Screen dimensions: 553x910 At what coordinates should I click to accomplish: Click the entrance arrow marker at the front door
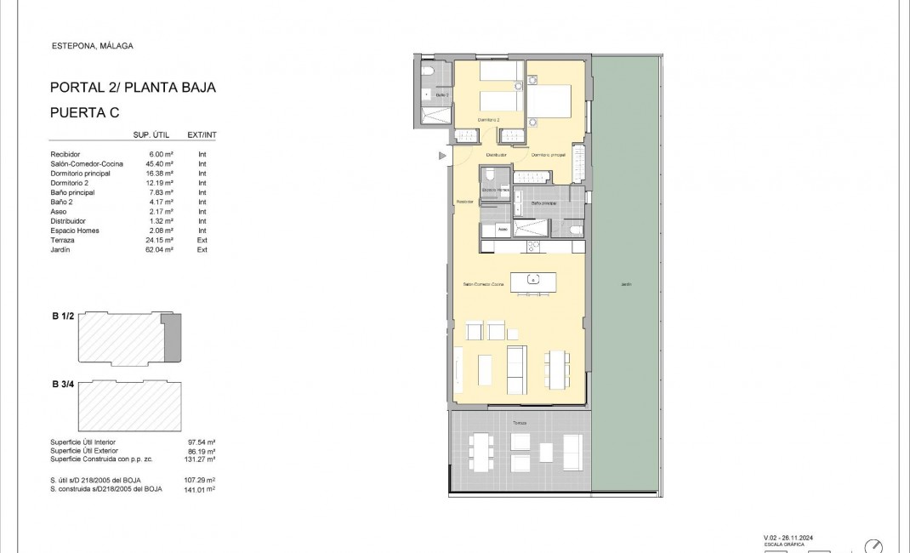click(442, 156)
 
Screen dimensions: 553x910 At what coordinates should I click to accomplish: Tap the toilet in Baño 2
click(429, 71)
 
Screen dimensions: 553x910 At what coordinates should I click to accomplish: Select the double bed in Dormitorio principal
click(554, 102)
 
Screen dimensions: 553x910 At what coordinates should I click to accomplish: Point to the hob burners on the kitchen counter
click(533, 247)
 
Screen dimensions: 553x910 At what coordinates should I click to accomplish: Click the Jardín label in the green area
click(626, 284)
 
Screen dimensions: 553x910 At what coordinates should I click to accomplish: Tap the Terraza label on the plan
click(519, 422)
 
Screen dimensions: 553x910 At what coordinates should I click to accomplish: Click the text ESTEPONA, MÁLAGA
click(93, 47)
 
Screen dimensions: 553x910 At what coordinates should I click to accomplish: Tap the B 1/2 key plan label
click(65, 316)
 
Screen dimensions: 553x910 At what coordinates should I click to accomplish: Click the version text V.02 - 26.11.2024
click(794, 537)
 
